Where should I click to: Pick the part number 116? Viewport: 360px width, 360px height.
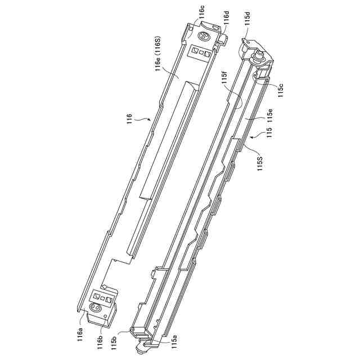(x=130, y=119)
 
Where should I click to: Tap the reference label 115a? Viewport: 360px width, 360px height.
(x=174, y=343)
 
